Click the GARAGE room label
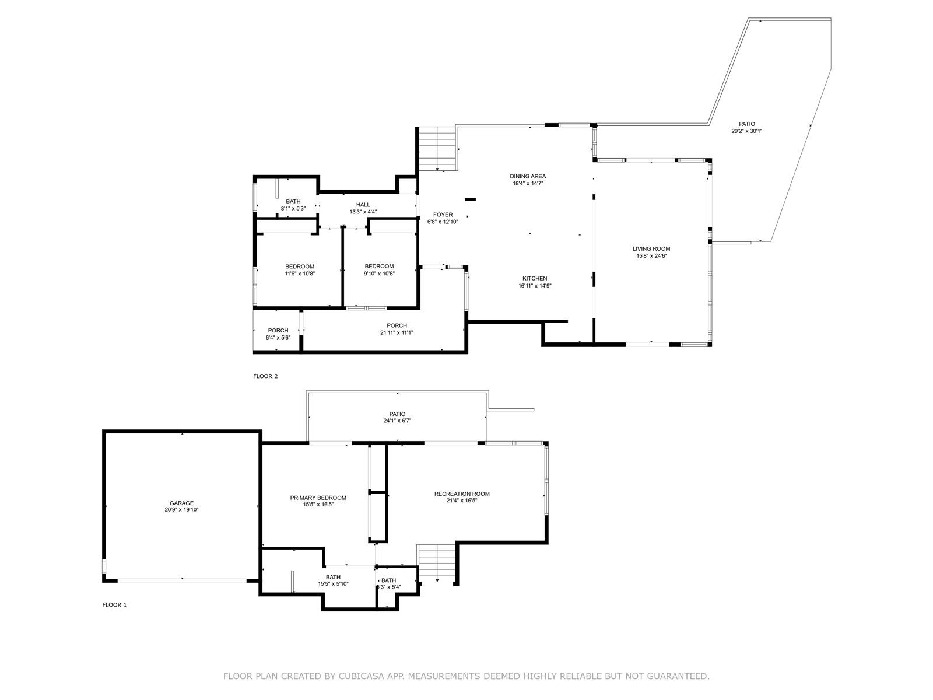tap(181, 503)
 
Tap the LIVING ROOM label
tap(651, 249)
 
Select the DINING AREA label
tap(528, 176)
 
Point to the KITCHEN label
tap(535, 278)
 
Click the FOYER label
tap(443, 215)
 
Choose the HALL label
tap(363, 205)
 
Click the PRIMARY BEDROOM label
tap(318, 498)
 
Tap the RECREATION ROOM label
tap(462, 494)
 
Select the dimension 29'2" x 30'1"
tap(747, 131)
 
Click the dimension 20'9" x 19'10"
tap(181, 510)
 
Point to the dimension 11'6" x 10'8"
tap(300, 274)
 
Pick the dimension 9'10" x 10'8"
tap(379, 274)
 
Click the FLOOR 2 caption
tap(265, 376)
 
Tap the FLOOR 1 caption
tap(114, 605)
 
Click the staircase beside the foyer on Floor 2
tap(437, 149)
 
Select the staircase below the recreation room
tap(437, 563)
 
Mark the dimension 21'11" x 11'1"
tap(397, 332)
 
